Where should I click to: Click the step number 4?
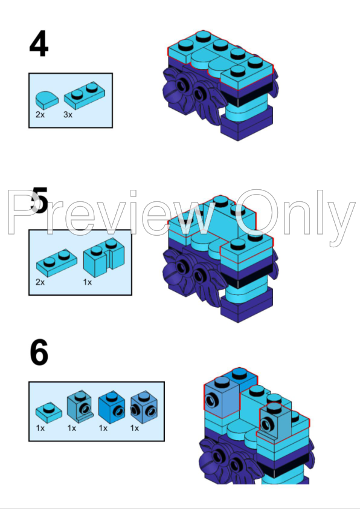click(x=39, y=44)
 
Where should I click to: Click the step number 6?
click(x=39, y=352)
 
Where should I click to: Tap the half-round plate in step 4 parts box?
click(x=47, y=100)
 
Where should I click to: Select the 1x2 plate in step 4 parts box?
click(x=85, y=96)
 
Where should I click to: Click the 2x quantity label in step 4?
click(x=40, y=115)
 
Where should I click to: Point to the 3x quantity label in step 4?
click(x=68, y=115)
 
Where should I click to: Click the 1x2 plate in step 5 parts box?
click(x=57, y=263)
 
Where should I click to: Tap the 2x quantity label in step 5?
click(x=40, y=282)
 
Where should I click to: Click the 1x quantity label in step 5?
click(x=88, y=282)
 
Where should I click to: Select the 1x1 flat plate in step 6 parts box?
click(x=49, y=413)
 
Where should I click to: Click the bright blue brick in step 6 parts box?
click(x=111, y=407)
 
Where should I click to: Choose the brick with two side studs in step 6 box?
click(x=144, y=407)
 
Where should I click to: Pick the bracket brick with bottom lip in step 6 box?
click(x=80, y=407)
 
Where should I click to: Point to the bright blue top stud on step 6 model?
click(x=239, y=374)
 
